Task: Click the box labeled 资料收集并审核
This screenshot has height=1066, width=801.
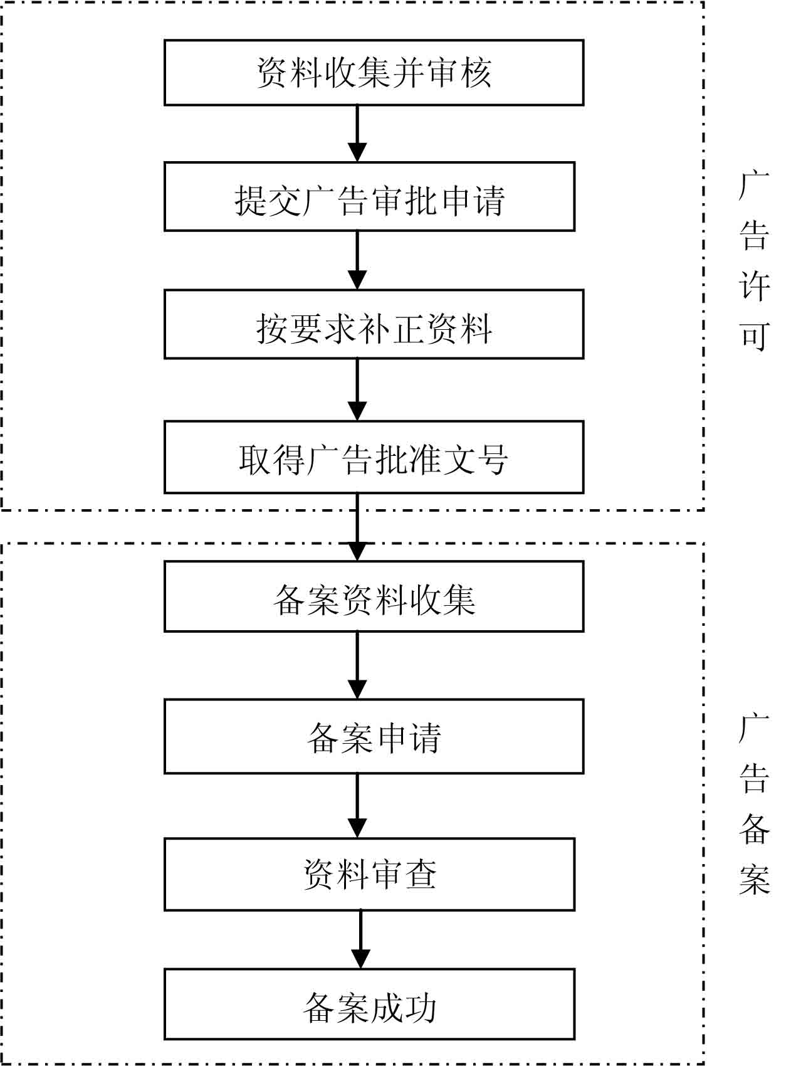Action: point(374,73)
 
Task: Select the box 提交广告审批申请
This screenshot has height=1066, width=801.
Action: point(369,197)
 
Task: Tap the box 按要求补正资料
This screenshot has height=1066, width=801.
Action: point(374,324)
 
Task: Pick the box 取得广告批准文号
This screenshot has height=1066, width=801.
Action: point(374,457)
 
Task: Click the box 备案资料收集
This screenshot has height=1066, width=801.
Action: point(374,596)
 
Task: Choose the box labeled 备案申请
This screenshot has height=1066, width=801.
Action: point(374,737)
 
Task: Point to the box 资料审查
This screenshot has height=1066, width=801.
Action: point(369,875)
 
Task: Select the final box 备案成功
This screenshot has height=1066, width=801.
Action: point(369,1004)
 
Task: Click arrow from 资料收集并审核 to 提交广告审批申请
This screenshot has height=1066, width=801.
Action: point(357,134)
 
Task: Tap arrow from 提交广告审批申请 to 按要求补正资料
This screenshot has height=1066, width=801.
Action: point(357,260)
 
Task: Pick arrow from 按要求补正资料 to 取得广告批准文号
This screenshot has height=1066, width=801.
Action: point(357,389)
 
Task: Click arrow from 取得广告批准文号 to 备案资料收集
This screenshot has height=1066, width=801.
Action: point(357,527)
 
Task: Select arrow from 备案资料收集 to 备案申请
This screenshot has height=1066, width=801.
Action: point(357,665)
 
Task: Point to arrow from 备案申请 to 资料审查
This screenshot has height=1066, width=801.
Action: point(357,806)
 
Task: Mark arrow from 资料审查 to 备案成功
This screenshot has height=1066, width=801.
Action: point(360,939)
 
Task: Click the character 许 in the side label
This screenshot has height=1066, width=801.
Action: point(754,286)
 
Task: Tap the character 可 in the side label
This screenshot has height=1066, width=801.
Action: point(754,336)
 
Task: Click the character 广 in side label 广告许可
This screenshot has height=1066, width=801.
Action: point(754,186)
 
